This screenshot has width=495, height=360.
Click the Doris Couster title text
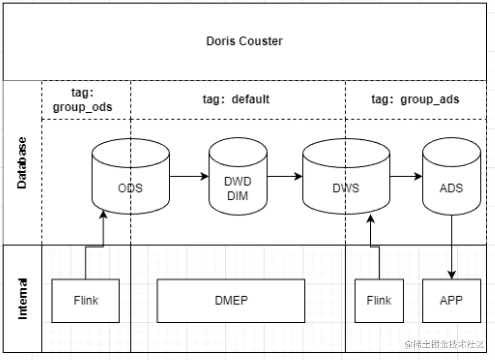tap(244, 41)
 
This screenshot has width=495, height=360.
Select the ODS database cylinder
tap(131, 177)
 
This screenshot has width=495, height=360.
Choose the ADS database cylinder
tap(451, 177)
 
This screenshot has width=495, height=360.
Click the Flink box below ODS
tap(86, 300)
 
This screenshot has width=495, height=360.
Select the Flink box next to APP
tap(379, 300)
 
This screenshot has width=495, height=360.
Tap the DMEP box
tap(231, 300)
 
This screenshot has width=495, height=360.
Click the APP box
tap(451, 300)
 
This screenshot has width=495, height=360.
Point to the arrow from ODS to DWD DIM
tap(189, 176)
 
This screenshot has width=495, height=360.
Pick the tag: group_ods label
tap(82, 100)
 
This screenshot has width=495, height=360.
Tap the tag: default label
tap(236, 99)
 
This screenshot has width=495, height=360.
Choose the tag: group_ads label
tap(415, 99)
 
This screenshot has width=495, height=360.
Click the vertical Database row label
tap(22, 162)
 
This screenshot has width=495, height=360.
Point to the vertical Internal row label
tap(22, 299)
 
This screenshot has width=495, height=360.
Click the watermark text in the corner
tap(445, 344)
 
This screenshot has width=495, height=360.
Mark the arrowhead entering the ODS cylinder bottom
tap(104, 214)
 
